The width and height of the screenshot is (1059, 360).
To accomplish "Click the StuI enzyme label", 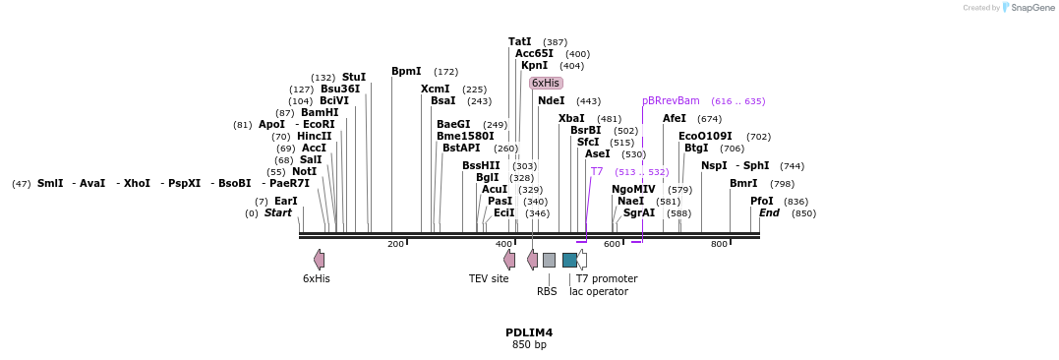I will point(354,77).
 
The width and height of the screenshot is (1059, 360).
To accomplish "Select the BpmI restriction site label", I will point(406,71).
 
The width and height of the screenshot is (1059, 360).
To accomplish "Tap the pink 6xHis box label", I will point(546,84).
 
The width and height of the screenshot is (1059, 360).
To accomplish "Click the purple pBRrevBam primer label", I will point(671,100).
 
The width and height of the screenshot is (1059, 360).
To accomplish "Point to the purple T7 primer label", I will point(597,171).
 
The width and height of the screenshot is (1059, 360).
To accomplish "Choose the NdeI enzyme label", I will point(552,100).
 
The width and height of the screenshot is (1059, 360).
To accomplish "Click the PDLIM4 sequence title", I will point(529,332).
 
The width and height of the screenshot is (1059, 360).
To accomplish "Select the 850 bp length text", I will point(529,345).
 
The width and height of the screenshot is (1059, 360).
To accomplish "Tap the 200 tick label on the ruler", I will point(395,244).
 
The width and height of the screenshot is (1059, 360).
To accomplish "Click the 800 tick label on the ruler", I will point(719,244).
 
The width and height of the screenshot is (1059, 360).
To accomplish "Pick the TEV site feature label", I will point(489,278).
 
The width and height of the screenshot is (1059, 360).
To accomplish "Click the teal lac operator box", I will point(569,260).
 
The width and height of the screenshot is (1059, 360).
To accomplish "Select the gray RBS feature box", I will point(549,260).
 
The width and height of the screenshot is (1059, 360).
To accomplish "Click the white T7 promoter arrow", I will point(582,260).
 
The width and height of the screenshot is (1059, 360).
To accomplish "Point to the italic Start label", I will point(278,212).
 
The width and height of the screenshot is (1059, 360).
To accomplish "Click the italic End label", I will point(769,212).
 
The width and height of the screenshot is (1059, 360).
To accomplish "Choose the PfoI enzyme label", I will point(762,201).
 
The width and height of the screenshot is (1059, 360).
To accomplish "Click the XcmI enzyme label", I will point(436,89).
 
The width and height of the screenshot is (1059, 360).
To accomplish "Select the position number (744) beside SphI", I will point(792,166).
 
